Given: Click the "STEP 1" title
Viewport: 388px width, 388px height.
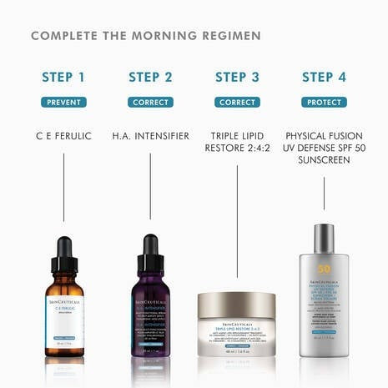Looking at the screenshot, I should (63, 78).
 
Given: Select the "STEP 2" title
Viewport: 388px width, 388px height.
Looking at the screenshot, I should (150, 78).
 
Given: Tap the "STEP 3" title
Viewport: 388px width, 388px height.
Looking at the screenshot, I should (237, 78).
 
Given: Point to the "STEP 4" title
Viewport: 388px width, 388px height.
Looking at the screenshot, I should (324, 78).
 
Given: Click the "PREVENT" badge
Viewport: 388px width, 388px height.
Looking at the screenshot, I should (63, 103).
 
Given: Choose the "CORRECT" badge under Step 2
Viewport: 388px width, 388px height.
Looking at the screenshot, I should (150, 103).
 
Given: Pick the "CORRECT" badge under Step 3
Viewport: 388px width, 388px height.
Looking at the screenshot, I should (237, 103).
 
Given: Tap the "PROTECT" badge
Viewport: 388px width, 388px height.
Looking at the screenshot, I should (324, 103).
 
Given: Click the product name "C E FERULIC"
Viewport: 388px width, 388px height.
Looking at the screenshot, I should (63, 134).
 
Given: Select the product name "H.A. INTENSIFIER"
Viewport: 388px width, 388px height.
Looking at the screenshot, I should (150, 134).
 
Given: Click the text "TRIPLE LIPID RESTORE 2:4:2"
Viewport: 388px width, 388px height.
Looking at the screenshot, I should (237, 142).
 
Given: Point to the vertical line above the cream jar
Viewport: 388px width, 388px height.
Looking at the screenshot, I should (237, 225).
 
